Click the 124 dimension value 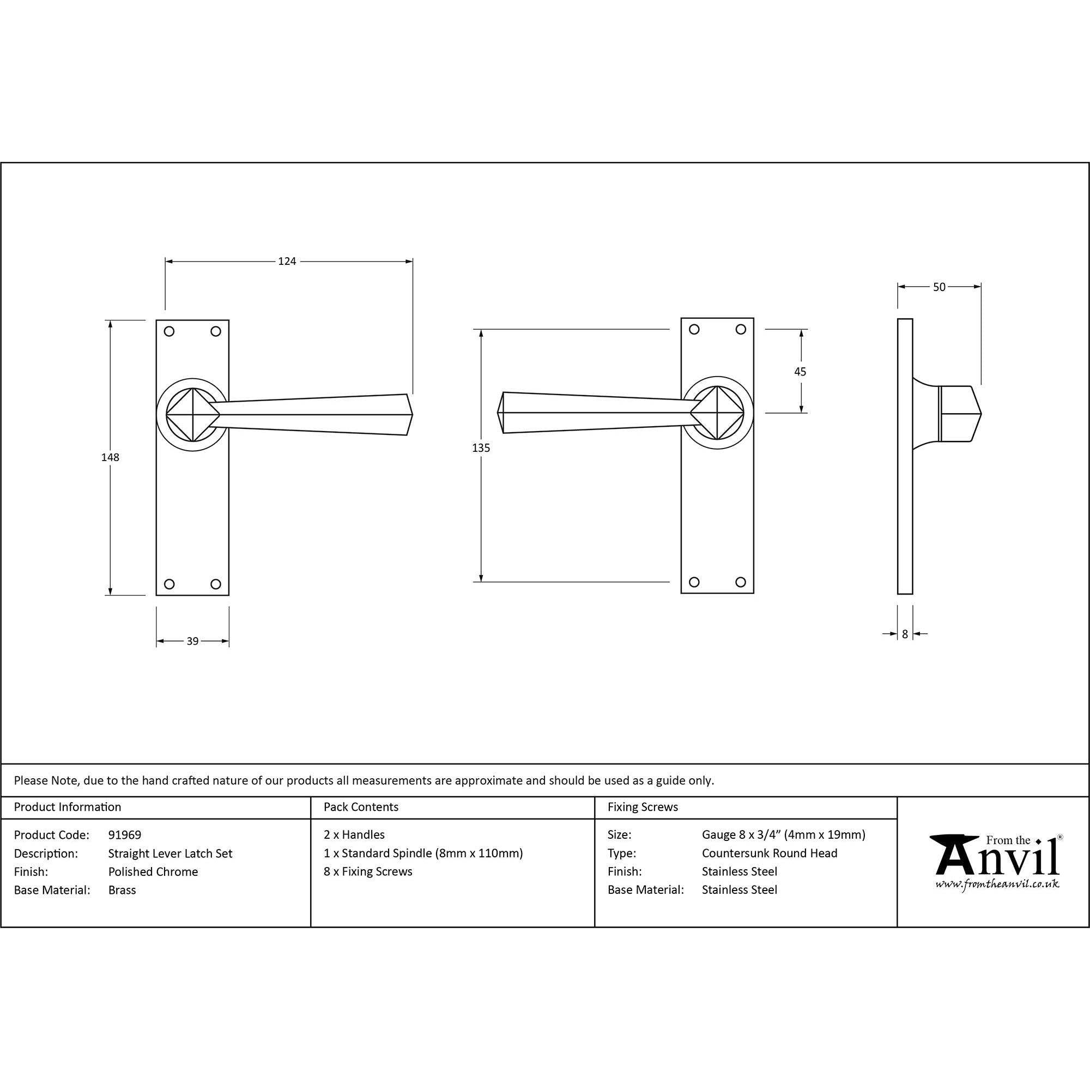[x=287, y=261]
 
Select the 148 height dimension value [x=110, y=457]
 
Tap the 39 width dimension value [x=192, y=641]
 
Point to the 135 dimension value [x=481, y=448]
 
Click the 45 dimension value [x=800, y=372]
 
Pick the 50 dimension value [x=939, y=287]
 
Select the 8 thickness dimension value [x=905, y=634]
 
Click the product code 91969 [x=125, y=835]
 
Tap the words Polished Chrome [x=153, y=871]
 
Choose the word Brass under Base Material [x=122, y=890]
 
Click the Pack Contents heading [x=361, y=807]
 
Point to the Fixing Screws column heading [x=643, y=807]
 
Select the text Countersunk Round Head [x=770, y=853]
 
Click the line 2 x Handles [x=354, y=834]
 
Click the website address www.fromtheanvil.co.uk [x=997, y=884]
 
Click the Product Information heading [x=68, y=807]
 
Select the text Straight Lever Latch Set [x=171, y=853]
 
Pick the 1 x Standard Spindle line [x=423, y=853]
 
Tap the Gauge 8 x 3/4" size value [x=783, y=834]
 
